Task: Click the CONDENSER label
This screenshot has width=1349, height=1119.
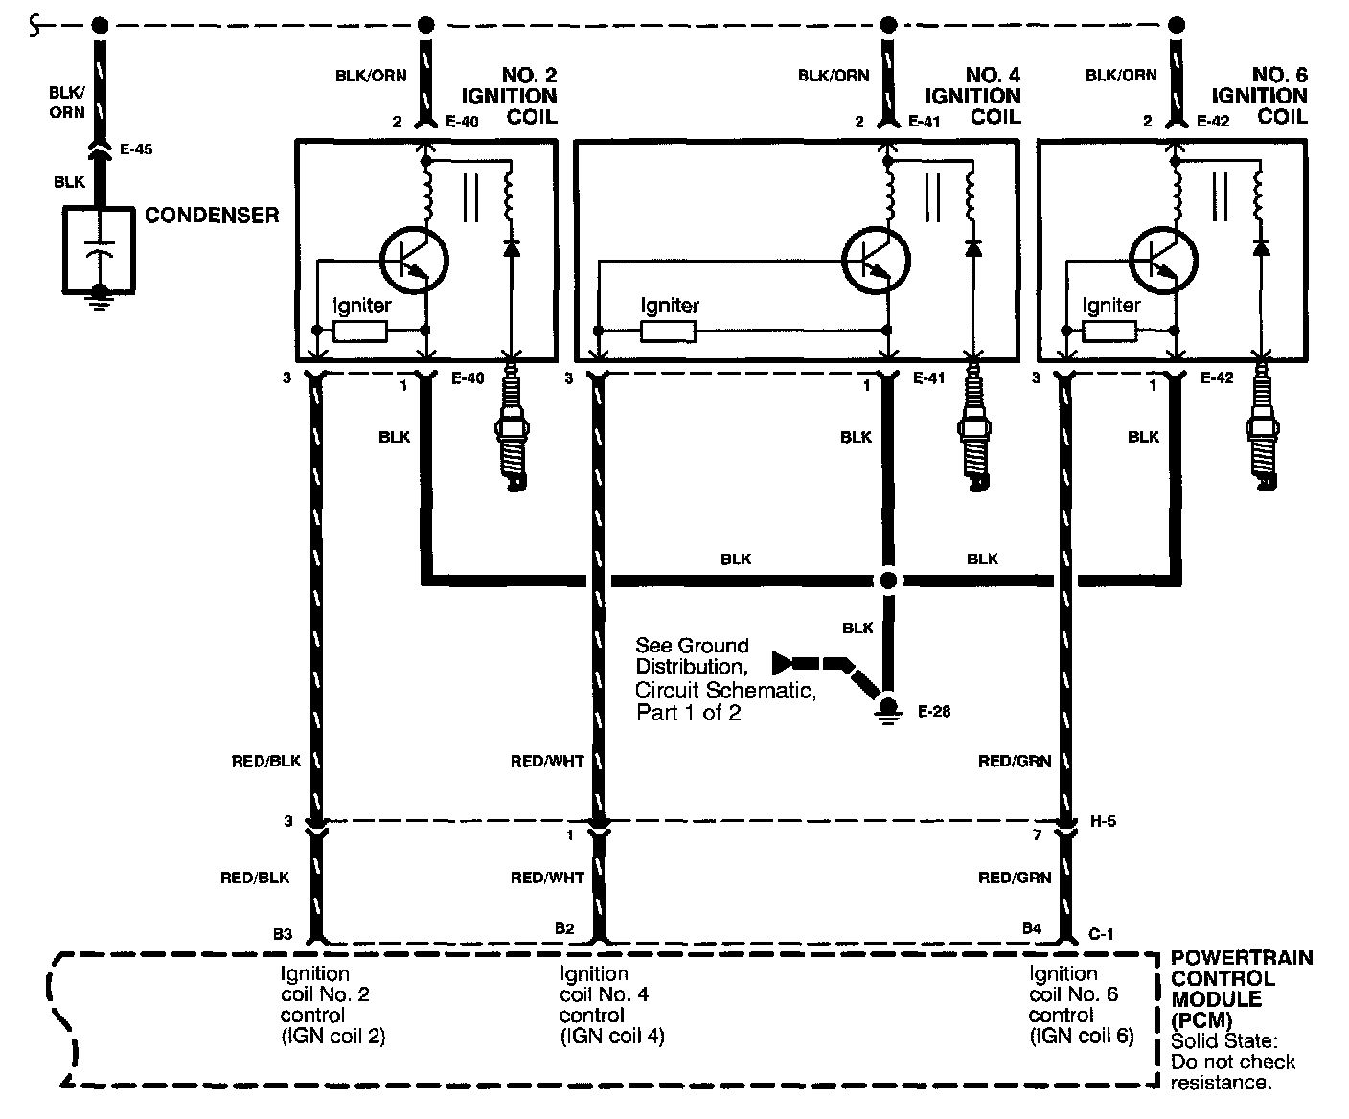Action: click(212, 215)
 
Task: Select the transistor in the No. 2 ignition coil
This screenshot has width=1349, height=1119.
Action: click(414, 259)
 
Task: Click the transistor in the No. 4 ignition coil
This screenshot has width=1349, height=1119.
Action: click(876, 259)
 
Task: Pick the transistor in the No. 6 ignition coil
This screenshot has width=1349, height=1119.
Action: click(1163, 259)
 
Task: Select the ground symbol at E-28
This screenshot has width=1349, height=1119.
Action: click(888, 709)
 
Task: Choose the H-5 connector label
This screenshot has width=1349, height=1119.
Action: click(1103, 821)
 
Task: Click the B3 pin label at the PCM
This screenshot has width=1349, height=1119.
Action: click(282, 930)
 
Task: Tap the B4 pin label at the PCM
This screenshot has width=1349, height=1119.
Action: click(1031, 928)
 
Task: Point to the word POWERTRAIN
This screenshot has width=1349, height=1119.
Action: click(1242, 959)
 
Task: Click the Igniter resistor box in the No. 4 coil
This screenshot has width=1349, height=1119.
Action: click(668, 331)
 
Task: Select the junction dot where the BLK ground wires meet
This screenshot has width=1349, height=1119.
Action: click(888, 581)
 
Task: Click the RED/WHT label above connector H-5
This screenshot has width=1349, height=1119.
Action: click(547, 762)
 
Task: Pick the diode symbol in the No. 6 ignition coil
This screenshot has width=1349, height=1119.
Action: click(1261, 247)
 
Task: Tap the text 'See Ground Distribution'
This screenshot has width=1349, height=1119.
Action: click(692, 655)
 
